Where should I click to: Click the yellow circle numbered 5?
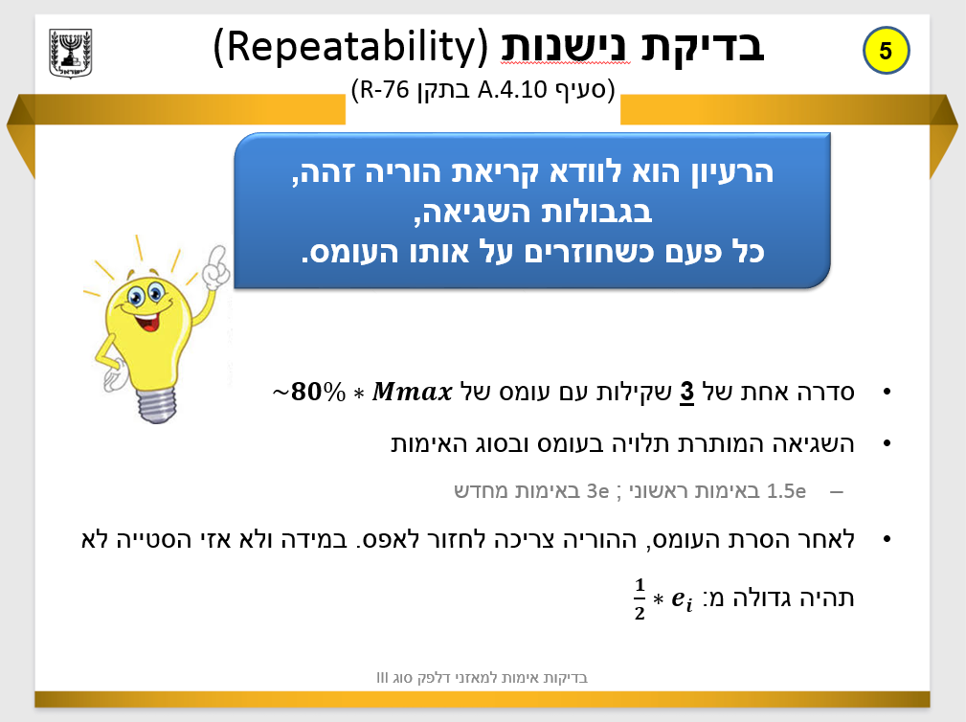pos(885,51)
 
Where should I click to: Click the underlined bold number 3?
pos(686,393)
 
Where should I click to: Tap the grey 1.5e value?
pos(788,491)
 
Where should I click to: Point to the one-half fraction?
pos(640,599)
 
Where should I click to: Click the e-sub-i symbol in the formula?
pos(683,599)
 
